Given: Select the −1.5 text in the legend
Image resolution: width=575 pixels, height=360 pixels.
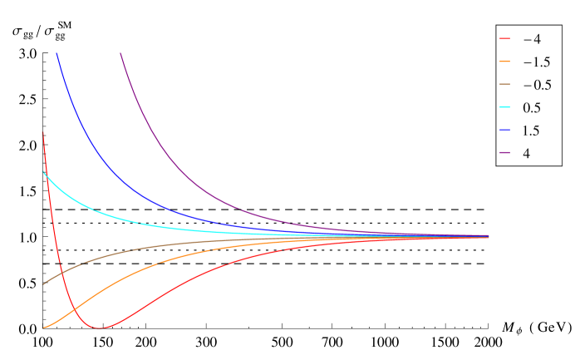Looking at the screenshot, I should tap(532, 62).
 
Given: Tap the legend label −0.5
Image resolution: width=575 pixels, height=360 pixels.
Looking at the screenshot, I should tap(532, 86).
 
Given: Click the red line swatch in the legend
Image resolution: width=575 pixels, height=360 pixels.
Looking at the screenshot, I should tap(505, 39).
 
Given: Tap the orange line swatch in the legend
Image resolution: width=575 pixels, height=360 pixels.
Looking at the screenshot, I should tap(505, 62).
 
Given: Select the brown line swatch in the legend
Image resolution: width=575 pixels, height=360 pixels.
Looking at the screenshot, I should tap(505, 86).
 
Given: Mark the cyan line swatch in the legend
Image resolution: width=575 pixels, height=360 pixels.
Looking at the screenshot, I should tap(505, 108).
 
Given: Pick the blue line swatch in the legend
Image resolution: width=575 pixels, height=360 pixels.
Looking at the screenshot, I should tap(505, 131).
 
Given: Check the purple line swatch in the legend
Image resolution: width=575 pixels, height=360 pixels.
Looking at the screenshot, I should tap(505, 154).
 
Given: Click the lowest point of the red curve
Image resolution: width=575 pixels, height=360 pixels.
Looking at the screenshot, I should tap(100, 328).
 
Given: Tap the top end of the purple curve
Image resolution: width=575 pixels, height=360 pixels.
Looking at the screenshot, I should tap(120, 53).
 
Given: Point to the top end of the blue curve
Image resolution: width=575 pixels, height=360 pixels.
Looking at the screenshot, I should tap(57, 53).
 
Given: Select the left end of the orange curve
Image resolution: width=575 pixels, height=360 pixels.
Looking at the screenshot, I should tap(42, 328).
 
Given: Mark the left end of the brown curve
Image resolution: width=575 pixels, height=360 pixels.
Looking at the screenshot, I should tap(42, 284).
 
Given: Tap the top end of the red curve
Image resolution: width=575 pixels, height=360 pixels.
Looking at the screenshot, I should tap(43, 131).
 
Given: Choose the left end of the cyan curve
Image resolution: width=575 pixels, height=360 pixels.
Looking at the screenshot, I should tap(42, 171).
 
